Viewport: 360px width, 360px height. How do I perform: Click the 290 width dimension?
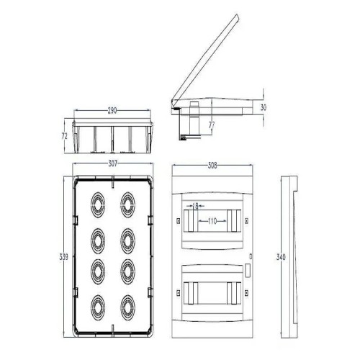(x=114, y=111)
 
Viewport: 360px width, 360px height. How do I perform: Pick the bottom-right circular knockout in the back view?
(x=130, y=305)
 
